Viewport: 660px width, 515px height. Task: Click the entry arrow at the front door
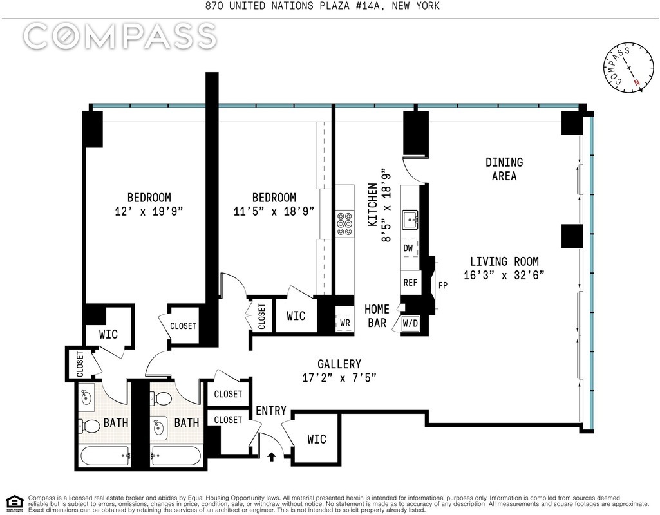pos(272,456)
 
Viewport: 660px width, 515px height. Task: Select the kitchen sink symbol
pos(410,220)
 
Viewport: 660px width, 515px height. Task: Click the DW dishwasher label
pos(408,248)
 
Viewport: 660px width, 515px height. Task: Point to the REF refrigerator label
pos(410,283)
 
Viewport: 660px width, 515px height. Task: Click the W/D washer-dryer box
pos(410,324)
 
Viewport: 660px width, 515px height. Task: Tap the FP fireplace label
pos(443,285)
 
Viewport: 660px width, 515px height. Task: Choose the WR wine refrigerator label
pos(344,323)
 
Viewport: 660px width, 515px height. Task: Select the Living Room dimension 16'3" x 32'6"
pos(504,275)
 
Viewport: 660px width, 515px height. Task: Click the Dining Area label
pos(504,169)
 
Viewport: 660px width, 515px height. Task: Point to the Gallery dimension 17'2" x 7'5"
pos(339,378)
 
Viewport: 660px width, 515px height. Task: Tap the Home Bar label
pos(377,316)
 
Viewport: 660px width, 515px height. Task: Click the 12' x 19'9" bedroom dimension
pos(149,211)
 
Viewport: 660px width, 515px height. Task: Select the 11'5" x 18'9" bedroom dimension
pos(274,211)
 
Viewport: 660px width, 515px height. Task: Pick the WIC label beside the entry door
pos(317,439)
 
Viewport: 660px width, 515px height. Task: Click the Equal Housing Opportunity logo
pos(14,503)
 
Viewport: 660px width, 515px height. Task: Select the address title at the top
pos(323,6)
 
